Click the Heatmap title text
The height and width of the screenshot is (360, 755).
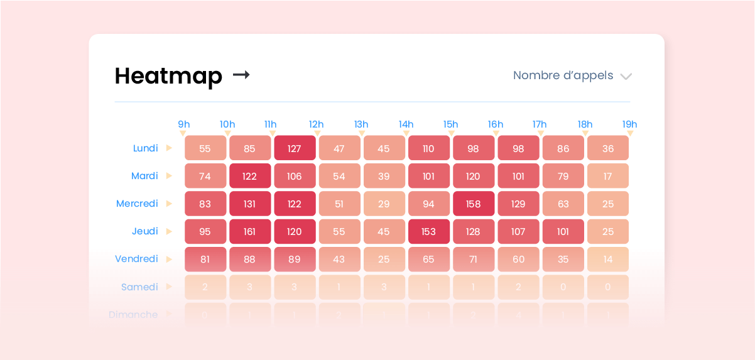pos(168,76)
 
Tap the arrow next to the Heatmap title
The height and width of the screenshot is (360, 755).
pos(241,75)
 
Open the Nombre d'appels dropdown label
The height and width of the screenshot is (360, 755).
pos(563,75)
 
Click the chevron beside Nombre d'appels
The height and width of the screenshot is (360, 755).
pos(626,77)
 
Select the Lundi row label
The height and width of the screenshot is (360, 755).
pos(145,148)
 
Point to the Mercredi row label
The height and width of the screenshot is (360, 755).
pos(137,204)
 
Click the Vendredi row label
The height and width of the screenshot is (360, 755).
pos(136,259)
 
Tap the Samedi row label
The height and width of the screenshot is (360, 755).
pos(139,286)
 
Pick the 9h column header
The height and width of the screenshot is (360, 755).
pos(184,124)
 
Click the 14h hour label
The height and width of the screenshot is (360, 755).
pos(406,124)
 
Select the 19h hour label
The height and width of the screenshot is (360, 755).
pos(629,124)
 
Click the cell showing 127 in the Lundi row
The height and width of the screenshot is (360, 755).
pos(295,149)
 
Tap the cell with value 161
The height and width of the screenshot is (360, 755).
pos(250,232)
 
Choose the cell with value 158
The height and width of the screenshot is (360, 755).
pos(473,204)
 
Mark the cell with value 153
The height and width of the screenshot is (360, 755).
pos(428,232)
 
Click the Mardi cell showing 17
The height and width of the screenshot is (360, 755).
pos(607,177)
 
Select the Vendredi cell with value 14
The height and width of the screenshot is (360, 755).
pos(607,259)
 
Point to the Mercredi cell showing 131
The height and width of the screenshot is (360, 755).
pos(250,204)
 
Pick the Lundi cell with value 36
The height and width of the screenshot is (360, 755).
pos(607,149)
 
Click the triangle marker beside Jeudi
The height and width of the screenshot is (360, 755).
pos(169,231)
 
